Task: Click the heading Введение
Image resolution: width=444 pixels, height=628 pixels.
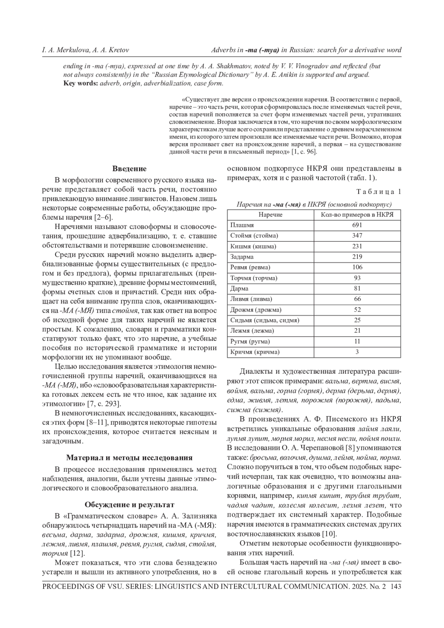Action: tap(129, 169)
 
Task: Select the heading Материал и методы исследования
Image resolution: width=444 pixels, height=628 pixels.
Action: tap(129, 457)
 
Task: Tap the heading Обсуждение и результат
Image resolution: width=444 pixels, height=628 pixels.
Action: tap(129, 505)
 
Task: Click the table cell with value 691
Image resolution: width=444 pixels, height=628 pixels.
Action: tap(357, 225)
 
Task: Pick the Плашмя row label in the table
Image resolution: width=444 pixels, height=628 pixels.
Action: tap(242, 225)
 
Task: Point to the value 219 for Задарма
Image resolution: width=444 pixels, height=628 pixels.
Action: tap(357, 257)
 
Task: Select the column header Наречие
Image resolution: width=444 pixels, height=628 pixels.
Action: tap(270, 215)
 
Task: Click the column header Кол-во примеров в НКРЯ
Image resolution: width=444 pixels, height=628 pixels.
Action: tap(357, 215)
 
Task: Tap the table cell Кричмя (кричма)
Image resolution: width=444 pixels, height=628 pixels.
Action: tap(255, 352)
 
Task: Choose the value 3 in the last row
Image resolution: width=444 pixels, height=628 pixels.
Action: tap(357, 352)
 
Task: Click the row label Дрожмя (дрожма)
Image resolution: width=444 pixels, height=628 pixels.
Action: tap(256, 310)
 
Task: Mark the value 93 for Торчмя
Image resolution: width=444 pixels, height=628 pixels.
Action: tap(357, 278)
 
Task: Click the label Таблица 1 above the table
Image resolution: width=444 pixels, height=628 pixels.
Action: tap(379, 191)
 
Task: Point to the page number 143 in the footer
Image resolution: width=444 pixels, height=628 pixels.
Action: tap(396, 587)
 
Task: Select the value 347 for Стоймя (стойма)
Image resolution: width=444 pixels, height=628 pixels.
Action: tap(357, 236)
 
